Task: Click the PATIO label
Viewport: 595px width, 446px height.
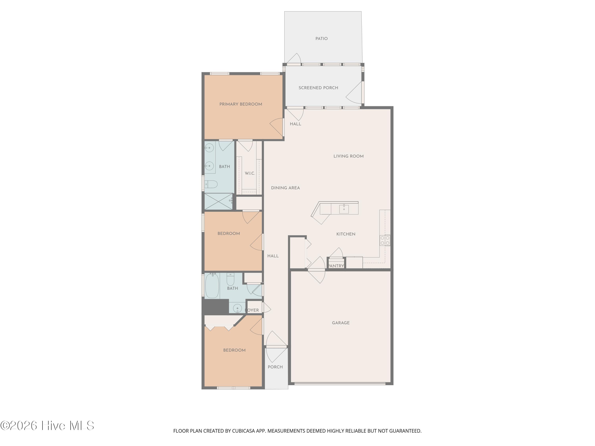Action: (x=321, y=39)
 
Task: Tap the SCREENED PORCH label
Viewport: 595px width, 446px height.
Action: (x=318, y=88)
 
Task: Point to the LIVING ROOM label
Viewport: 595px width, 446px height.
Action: (x=348, y=156)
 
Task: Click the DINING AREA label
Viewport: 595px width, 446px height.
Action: (x=285, y=188)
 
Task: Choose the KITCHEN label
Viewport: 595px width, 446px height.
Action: (x=346, y=234)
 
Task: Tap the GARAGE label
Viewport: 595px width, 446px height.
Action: (x=341, y=323)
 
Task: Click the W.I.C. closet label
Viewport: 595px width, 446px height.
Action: (x=250, y=173)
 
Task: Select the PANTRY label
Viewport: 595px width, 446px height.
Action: (x=336, y=266)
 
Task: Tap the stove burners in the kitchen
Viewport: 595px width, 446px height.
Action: (x=385, y=240)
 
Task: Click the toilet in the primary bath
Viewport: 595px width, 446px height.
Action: (x=211, y=184)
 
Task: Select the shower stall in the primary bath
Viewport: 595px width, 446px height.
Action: (x=218, y=201)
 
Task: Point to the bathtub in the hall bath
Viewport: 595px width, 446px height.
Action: (x=212, y=286)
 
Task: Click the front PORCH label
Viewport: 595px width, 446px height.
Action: (x=275, y=367)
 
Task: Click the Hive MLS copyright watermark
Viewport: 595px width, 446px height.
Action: (x=47, y=426)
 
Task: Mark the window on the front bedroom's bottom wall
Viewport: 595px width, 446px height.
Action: (x=233, y=388)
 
